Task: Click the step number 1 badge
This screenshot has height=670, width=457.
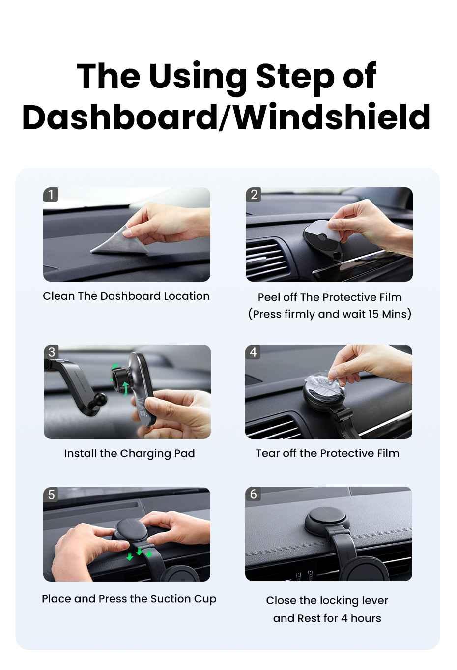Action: pyautogui.click(x=51, y=195)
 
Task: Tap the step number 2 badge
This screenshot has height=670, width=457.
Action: pyautogui.click(x=254, y=195)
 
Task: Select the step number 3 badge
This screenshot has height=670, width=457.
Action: pyautogui.click(x=52, y=352)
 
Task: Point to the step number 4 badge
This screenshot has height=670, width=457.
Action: pyautogui.click(x=253, y=352)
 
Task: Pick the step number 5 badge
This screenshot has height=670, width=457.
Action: pyautogui.click(x=51, y=495)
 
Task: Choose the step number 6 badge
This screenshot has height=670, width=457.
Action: pyautogui.click(x=253, y=494)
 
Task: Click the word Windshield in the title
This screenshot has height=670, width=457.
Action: pyautogui.click(x=328, y=117)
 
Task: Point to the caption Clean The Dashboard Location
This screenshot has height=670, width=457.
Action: pyautogui.click(x=126, y=296)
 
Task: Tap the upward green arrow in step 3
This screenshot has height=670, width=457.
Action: pyautogui.click(x=126, y=388)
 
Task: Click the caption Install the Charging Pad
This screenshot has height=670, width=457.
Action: pyautogui.click(x=130, y=454)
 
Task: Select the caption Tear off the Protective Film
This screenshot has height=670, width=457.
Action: pyautogui.click(x=327, y=453)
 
